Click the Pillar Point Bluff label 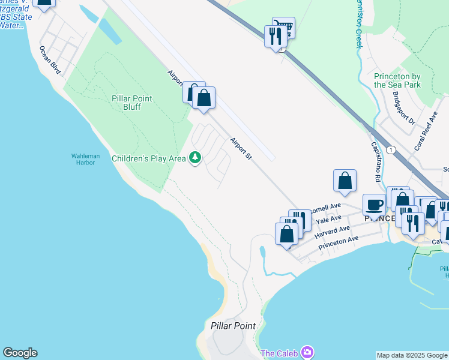(x=131, y=103)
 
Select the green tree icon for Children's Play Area (x=194, y=158)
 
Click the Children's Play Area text (x=149, y=158)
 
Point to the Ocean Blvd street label (x=50, y=61)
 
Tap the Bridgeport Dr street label (x=404, y=108)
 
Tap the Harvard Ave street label (x=333, y=230)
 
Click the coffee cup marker (x=374, y=205)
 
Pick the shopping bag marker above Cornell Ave (x=345, y=181)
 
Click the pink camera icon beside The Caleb (x=307, y=352)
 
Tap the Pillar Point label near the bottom (x=233, y=326)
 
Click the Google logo (x=20, y=353)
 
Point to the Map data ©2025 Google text (x=412, y=355)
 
